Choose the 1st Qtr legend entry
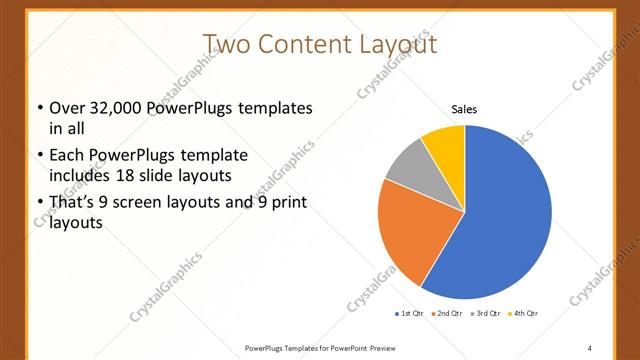point(411,314)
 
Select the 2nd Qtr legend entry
point(446,314)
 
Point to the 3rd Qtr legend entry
point(486,314)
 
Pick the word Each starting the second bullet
point(68,156)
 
